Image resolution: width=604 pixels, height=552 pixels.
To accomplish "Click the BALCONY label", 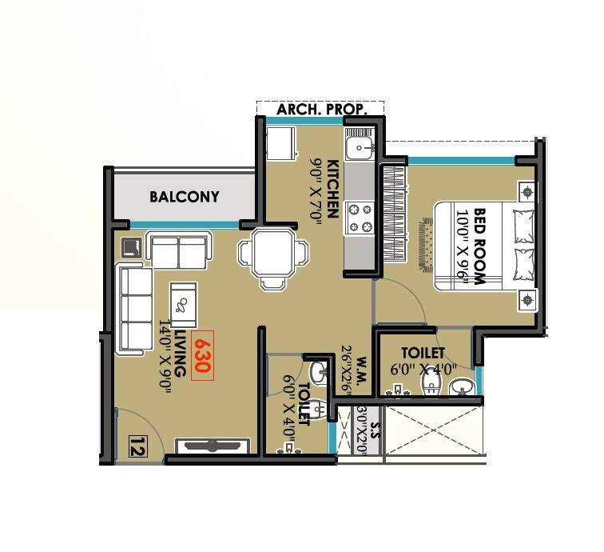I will pyautogui.click(x=184, y=196).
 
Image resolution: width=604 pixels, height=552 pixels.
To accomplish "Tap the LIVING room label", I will pyautogui.click(x=180, y=353).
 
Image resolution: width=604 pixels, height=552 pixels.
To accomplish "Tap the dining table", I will pyautogui.click(x=272, y=255).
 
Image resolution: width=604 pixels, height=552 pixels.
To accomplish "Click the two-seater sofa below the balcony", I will pyautogui.click(x=179, y=252).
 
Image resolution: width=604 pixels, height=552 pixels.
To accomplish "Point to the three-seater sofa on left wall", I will pyautogui.click(x=135, y=310).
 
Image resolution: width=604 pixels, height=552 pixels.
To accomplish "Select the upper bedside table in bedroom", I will pyautogui.click(x=527, y=191).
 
